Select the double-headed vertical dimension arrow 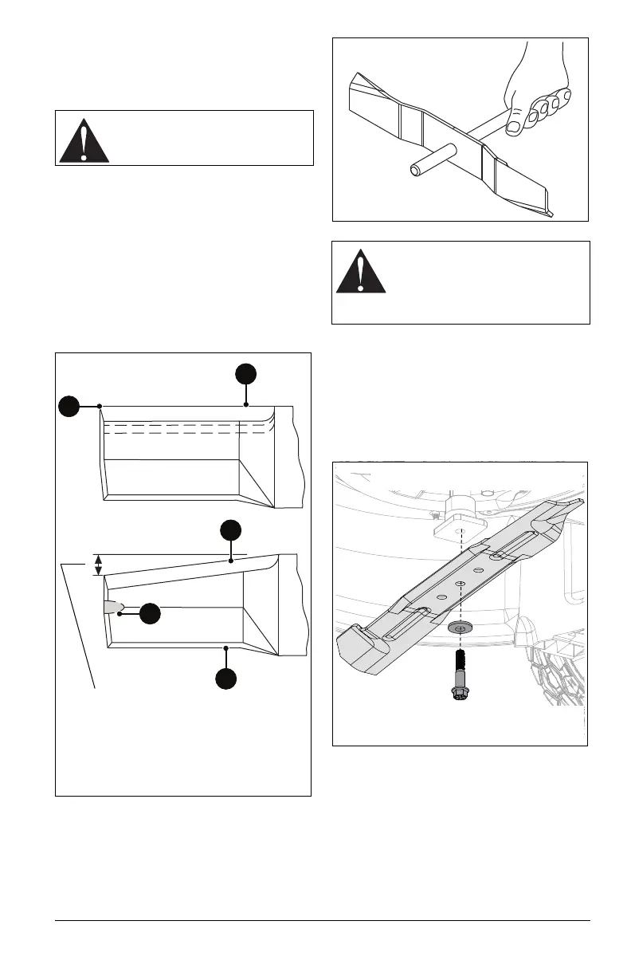click(98, 565)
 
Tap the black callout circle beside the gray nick click(150, 613)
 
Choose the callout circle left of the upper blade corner click(70, 406)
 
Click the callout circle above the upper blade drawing click(246, 375)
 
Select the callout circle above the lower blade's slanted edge click(230, 530)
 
